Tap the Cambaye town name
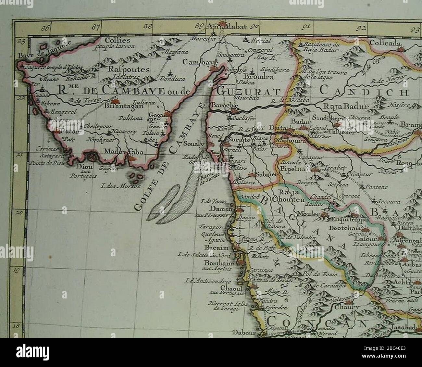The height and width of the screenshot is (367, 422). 195,62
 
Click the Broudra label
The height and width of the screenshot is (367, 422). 260,77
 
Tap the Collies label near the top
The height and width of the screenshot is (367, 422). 117,41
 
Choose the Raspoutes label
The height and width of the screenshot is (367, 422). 129,70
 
